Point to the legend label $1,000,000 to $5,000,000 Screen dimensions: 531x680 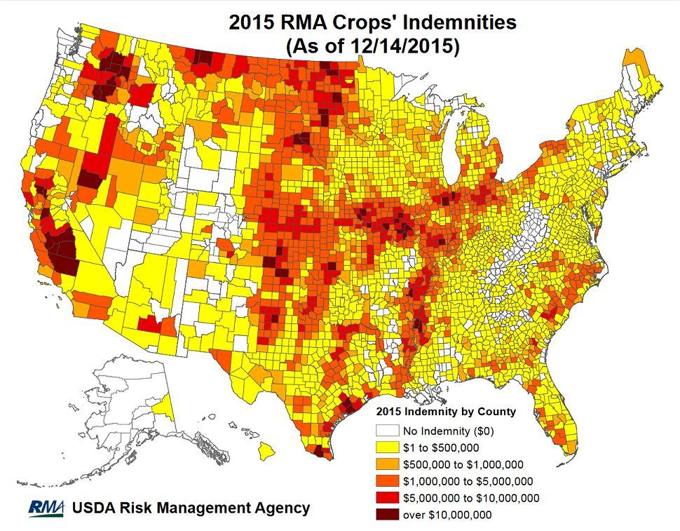coord(468,481)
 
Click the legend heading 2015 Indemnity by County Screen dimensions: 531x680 coord(446,411)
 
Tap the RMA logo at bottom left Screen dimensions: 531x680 coord(47,508)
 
